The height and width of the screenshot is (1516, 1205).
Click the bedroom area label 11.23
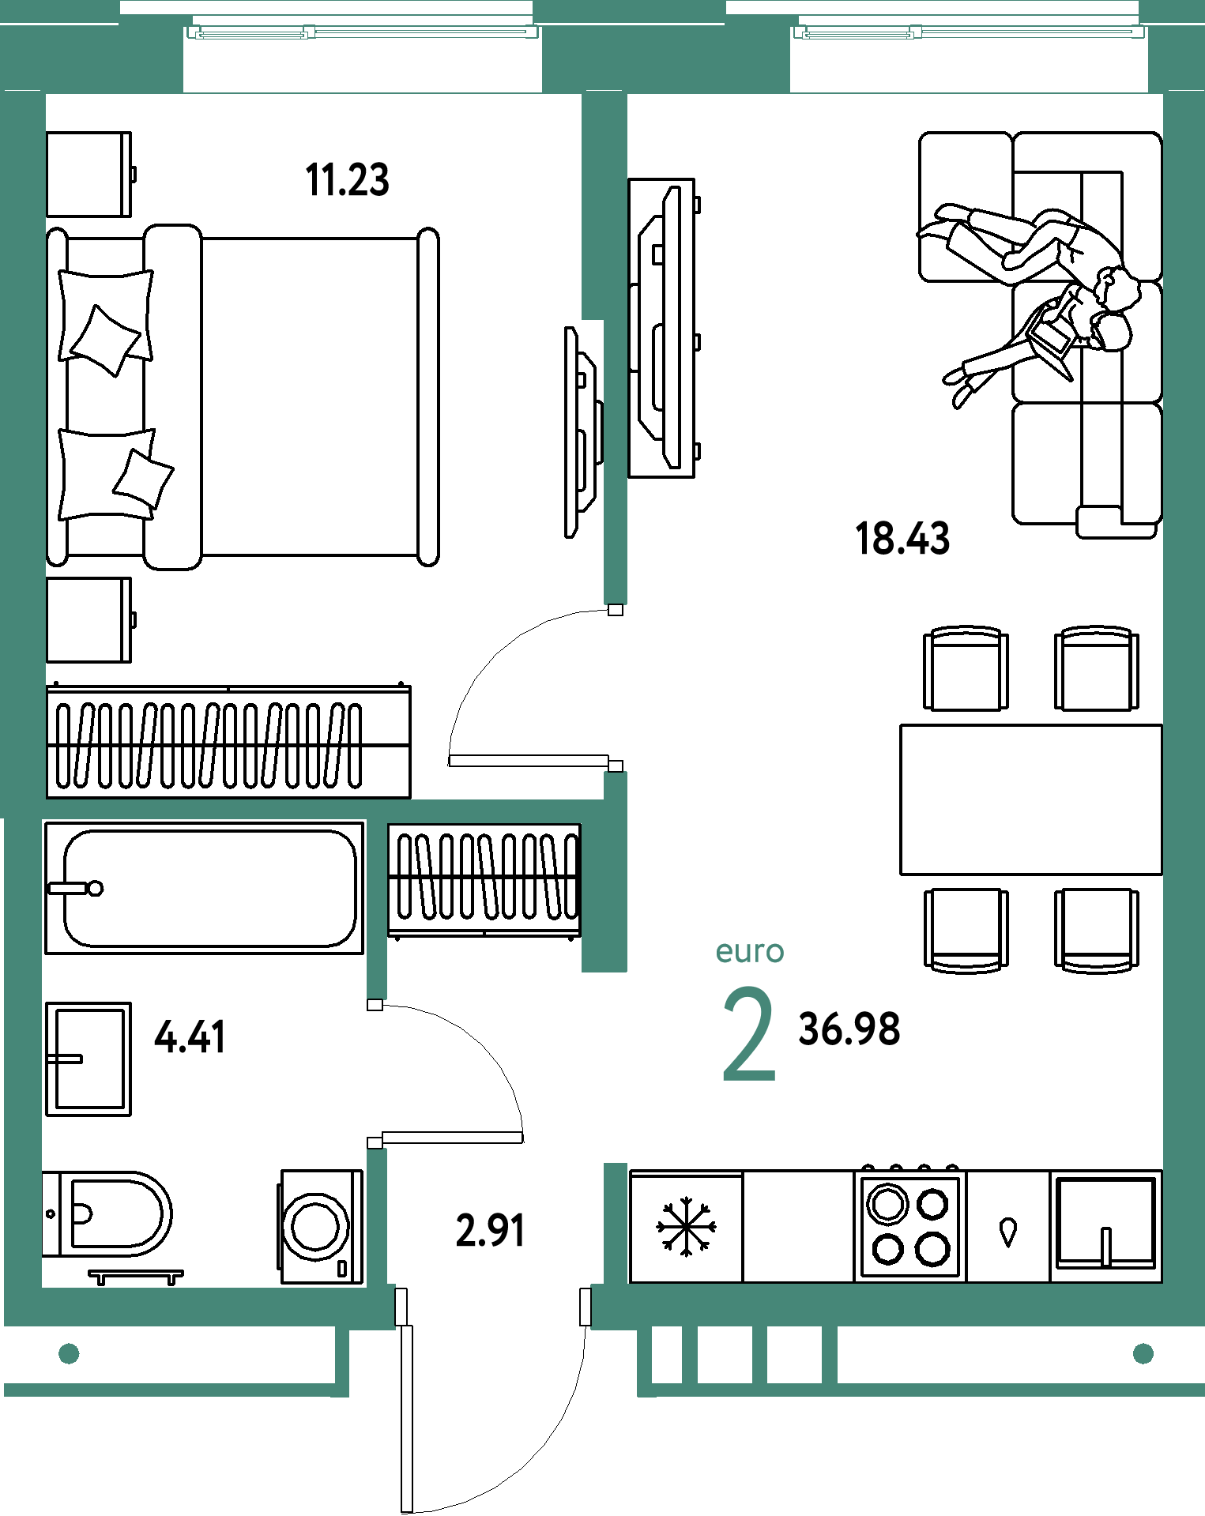[x=347, y=180]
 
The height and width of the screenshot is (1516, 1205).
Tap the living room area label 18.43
[x=902, y=539]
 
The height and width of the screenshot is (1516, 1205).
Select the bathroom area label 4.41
[x=190, y=1037]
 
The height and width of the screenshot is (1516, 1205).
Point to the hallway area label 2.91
[x=490, y=1231]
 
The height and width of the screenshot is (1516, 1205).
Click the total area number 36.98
[x=849, y=1029]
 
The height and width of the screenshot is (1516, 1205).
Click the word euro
[x=750, y=951]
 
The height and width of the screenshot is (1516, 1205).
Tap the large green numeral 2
[x=749, y=1035]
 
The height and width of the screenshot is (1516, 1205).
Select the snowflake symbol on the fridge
[x=686, y=1227]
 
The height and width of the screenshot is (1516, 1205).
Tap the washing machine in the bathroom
[x=320, y=1226]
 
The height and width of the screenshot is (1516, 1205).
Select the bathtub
[x=205, y=888]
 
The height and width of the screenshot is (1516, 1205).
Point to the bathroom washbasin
[x=88, y=1059]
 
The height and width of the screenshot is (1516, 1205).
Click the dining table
[x=1031, y=799]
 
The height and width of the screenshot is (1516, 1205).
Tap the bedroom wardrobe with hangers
[x=228, y=741]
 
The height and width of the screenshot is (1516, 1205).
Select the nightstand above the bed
[x=89, y=174]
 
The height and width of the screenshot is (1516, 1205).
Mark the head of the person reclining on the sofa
[x=1116, y=288]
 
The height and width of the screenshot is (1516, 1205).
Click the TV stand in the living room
[x=662, y=328]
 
